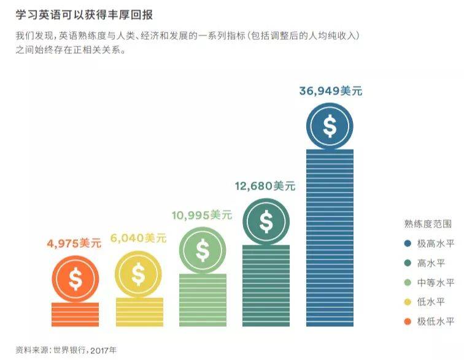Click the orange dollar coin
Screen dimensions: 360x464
point(75,280)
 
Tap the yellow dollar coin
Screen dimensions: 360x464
point(138,275)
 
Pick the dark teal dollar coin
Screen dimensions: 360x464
point(266,222)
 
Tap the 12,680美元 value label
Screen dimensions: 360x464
point(265,186)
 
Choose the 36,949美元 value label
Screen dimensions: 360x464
point(331,91)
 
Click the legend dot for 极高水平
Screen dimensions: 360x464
point(408,243)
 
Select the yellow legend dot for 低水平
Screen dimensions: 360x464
point(408,302)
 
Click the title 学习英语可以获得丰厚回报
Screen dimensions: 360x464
point(88,15)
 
